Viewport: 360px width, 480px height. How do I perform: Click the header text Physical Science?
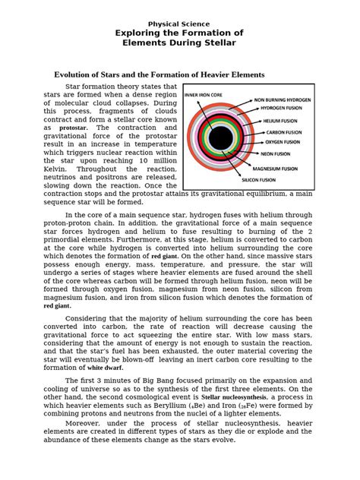tap(179, 24)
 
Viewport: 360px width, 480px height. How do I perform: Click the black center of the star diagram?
tap(221, 138)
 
